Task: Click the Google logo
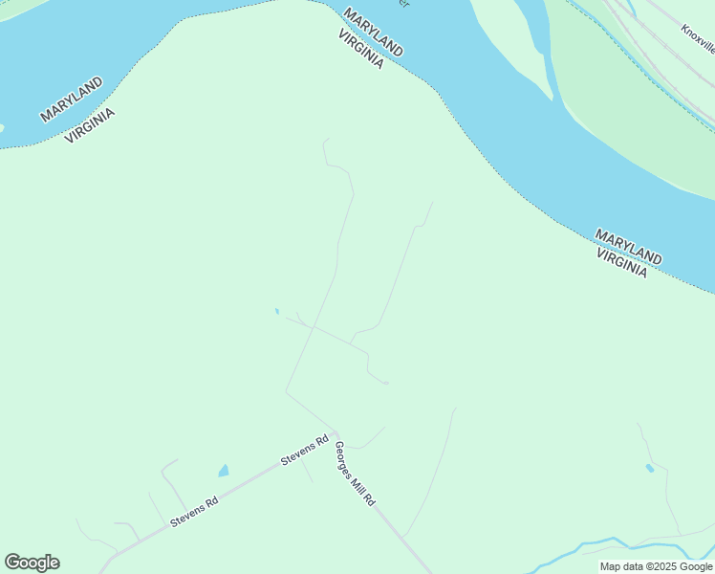[x=32, y=563]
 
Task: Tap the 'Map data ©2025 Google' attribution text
[x=656, y=566]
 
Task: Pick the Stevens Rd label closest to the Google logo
[x=194, y=512]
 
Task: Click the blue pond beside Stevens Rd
[x=224, y=471]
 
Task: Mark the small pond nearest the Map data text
[x=649, y=468]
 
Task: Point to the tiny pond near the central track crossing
[x=277, y=311]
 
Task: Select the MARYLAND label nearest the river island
[x=373, y=33]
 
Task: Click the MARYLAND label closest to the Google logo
[x=72, y=100]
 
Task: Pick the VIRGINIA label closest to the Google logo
[x=90, y=125]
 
